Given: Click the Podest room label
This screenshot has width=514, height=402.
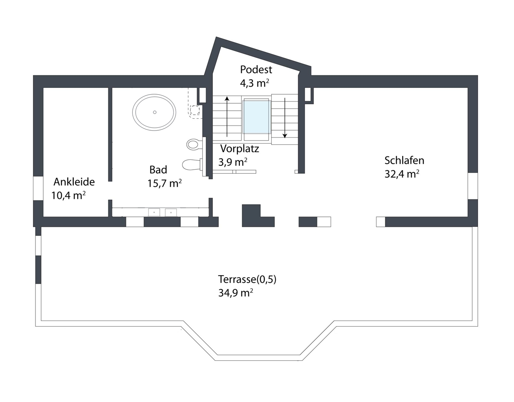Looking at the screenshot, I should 256,69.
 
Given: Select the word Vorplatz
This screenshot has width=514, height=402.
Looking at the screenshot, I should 240,149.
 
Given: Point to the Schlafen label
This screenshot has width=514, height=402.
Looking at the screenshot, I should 404,161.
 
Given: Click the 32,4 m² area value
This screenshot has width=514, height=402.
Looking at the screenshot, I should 402,174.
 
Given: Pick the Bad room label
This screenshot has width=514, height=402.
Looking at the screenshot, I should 158,169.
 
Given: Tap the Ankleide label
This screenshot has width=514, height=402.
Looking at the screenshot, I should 74,182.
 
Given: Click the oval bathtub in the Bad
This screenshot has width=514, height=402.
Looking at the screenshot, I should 155,112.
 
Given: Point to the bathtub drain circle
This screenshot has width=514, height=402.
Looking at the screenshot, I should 155,112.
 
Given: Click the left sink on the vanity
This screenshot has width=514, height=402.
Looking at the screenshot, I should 154,212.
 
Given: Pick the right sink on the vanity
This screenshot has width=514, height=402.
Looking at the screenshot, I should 171,212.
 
